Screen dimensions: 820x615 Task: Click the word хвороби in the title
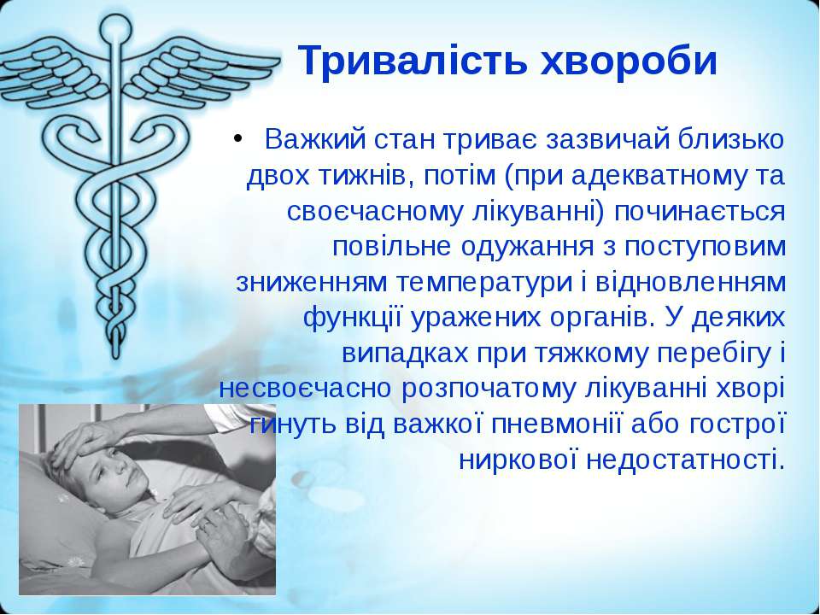[x=628, y=60]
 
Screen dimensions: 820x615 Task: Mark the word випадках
[x=405, y=354]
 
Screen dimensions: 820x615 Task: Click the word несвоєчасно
[x=306, y=389]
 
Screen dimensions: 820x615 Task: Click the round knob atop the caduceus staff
[x=115, y=27]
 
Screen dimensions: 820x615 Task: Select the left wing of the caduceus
[x=52, y=73]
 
